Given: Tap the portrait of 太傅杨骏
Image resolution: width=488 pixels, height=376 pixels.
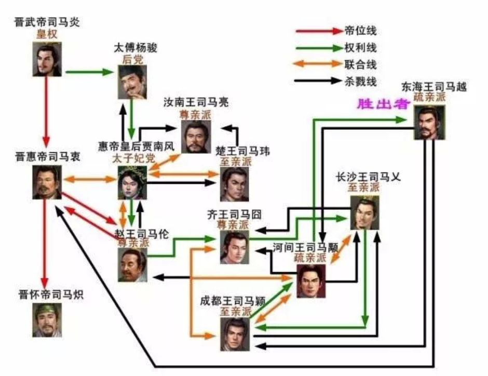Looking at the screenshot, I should (x=132, y=82).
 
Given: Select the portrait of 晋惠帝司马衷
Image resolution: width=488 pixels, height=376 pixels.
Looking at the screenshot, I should (x=47, y=183).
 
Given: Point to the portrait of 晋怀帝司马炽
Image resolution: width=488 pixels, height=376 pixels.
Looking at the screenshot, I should (x=47, y=319).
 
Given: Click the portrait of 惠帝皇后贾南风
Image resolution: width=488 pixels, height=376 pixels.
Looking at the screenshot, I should (x=132, y=183).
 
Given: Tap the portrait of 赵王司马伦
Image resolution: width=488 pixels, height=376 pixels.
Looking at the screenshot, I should (x=132, y=265).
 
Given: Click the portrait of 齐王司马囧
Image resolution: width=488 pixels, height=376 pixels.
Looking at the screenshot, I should (x=235, y=247).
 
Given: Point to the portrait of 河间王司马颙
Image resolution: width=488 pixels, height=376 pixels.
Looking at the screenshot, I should (x=311, y=281).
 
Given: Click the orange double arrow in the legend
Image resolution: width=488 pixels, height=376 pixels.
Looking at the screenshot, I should (x=317, y=64).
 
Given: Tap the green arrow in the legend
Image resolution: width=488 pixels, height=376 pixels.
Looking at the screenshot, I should (x=317, y=48).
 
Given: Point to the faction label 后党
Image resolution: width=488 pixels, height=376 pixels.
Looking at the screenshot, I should (x=132, y=59).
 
